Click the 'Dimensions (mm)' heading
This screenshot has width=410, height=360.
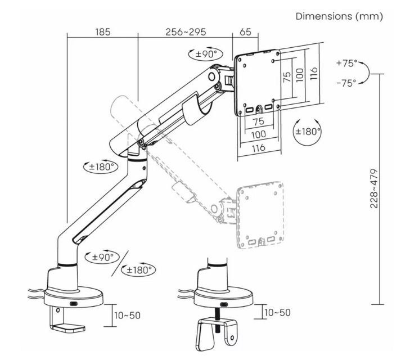tap(339, 16)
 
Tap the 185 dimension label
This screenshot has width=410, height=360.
tap(102, 32)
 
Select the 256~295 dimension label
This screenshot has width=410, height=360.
tap(185, 32)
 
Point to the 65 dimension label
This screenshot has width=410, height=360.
tap(245, 32)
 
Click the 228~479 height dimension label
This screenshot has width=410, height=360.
tap(373, 188)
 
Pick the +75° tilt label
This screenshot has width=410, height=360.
tap(346, 63)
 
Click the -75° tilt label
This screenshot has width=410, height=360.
tap(346, 83)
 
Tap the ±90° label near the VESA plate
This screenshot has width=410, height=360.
tap(206, 54)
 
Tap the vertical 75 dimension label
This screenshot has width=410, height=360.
tap(286, 76)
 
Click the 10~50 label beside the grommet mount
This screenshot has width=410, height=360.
tap(277, 312)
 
